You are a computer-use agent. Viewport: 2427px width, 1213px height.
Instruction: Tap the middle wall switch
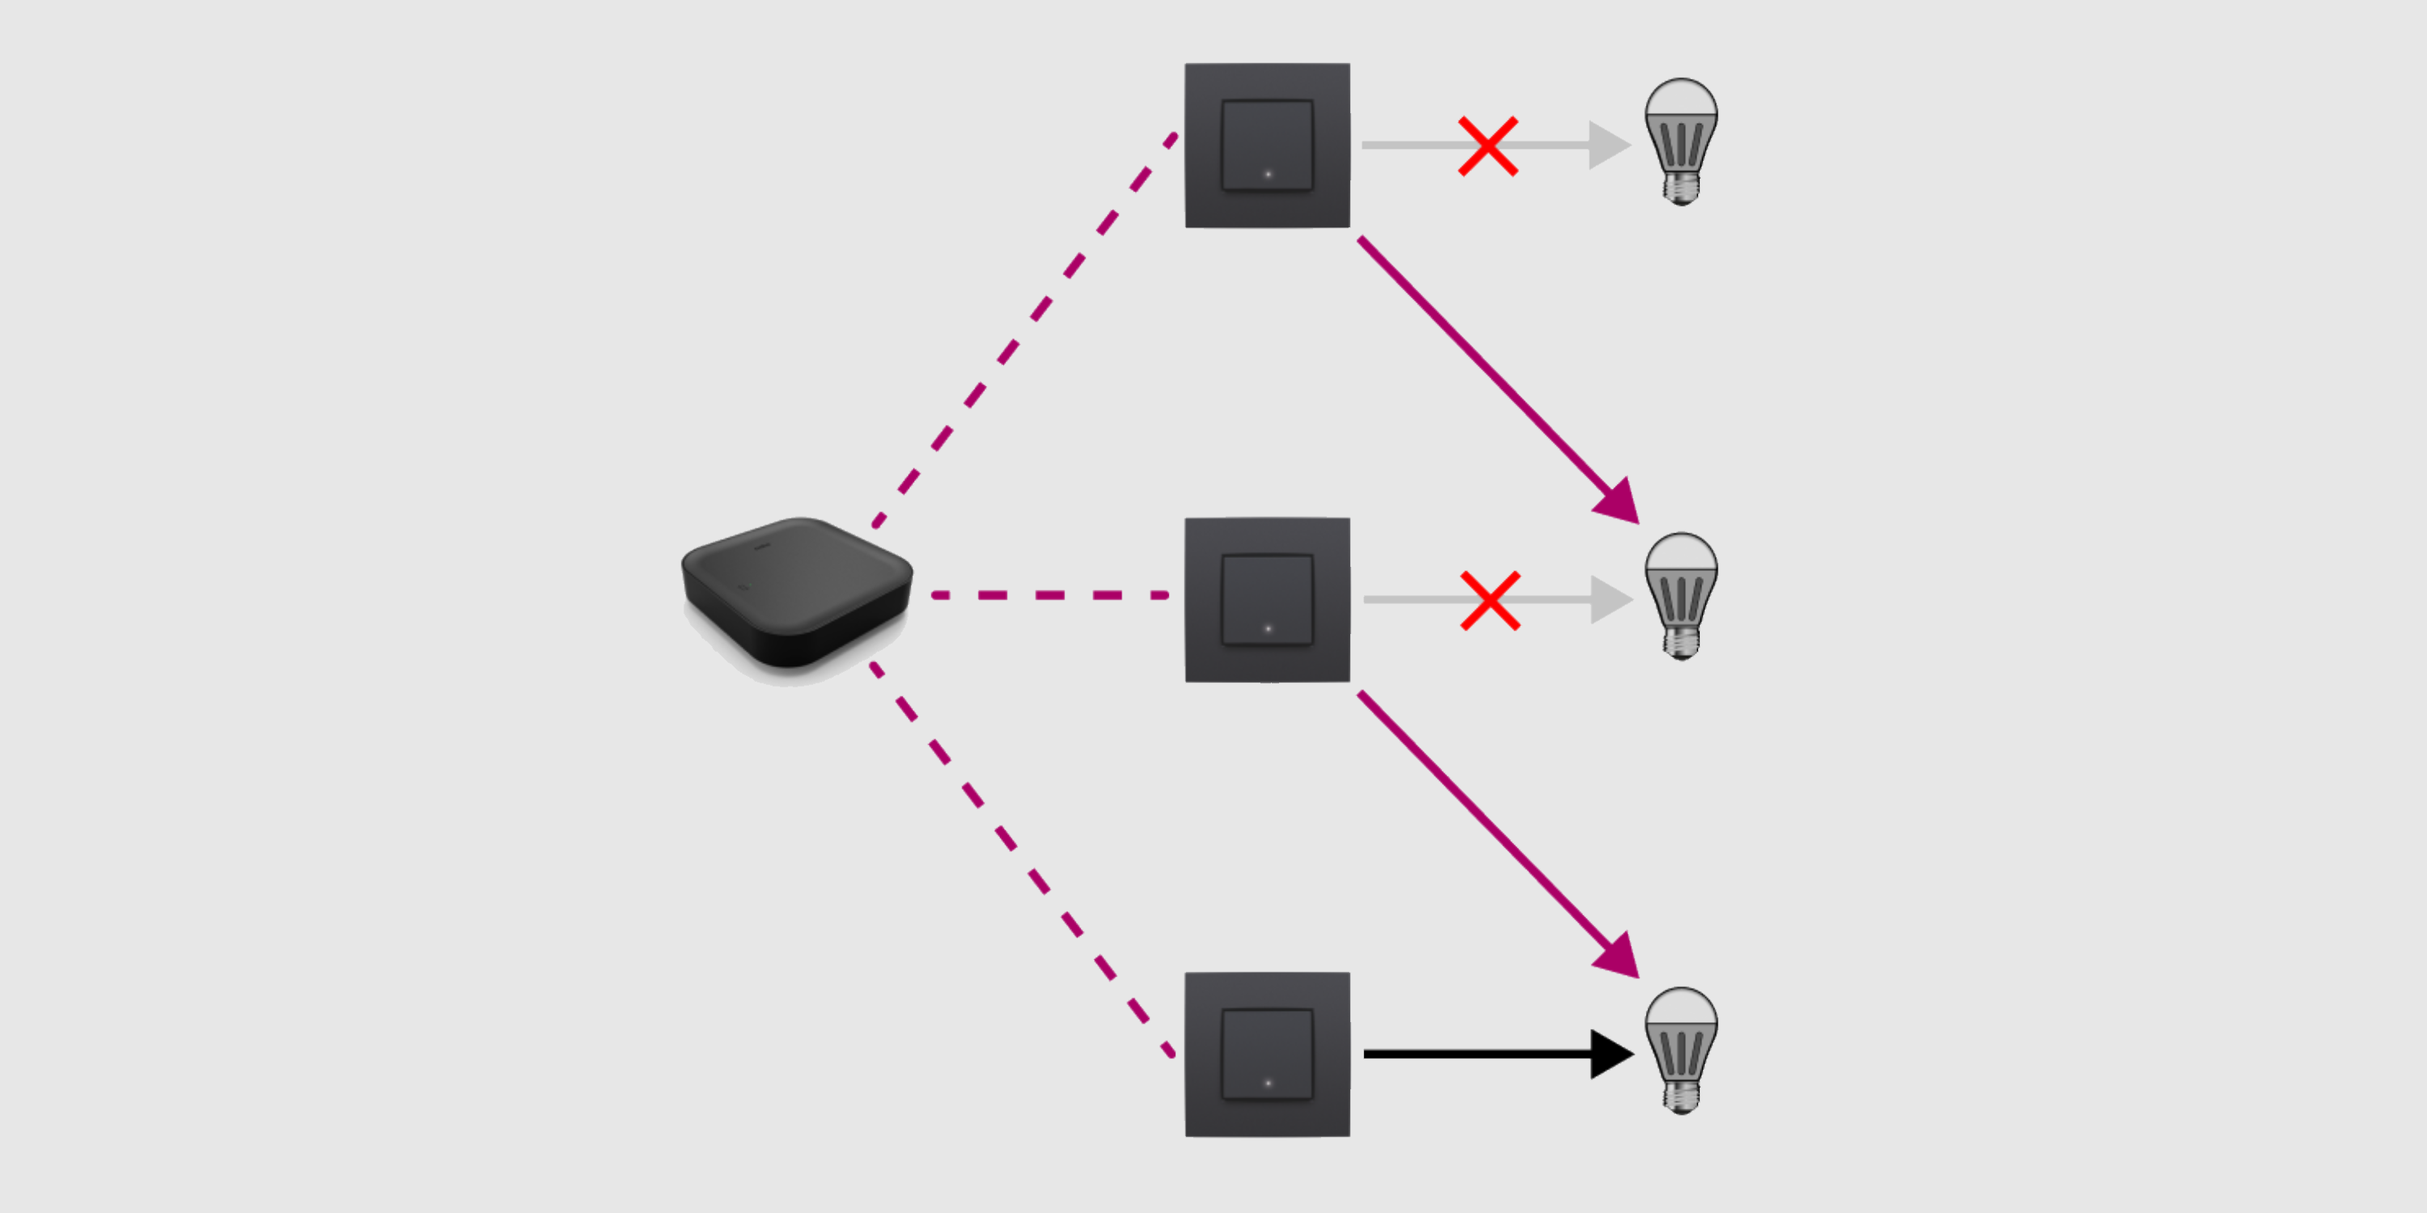[1267, 599]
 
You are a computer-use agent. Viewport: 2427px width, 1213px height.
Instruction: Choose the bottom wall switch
[1267, 1054]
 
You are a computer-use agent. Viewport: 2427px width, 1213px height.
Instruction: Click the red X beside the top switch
[1488, 146]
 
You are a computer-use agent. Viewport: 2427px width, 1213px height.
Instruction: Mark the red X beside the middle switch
[1489, 600]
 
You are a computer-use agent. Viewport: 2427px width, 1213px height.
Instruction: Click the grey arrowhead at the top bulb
[1607, 145]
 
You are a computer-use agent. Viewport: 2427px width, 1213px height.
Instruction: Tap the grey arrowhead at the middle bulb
[1609, 599]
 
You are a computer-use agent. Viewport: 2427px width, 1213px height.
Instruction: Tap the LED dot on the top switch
[1269, 174]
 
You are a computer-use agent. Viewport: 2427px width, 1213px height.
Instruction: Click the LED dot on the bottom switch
[1269, 1083]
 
